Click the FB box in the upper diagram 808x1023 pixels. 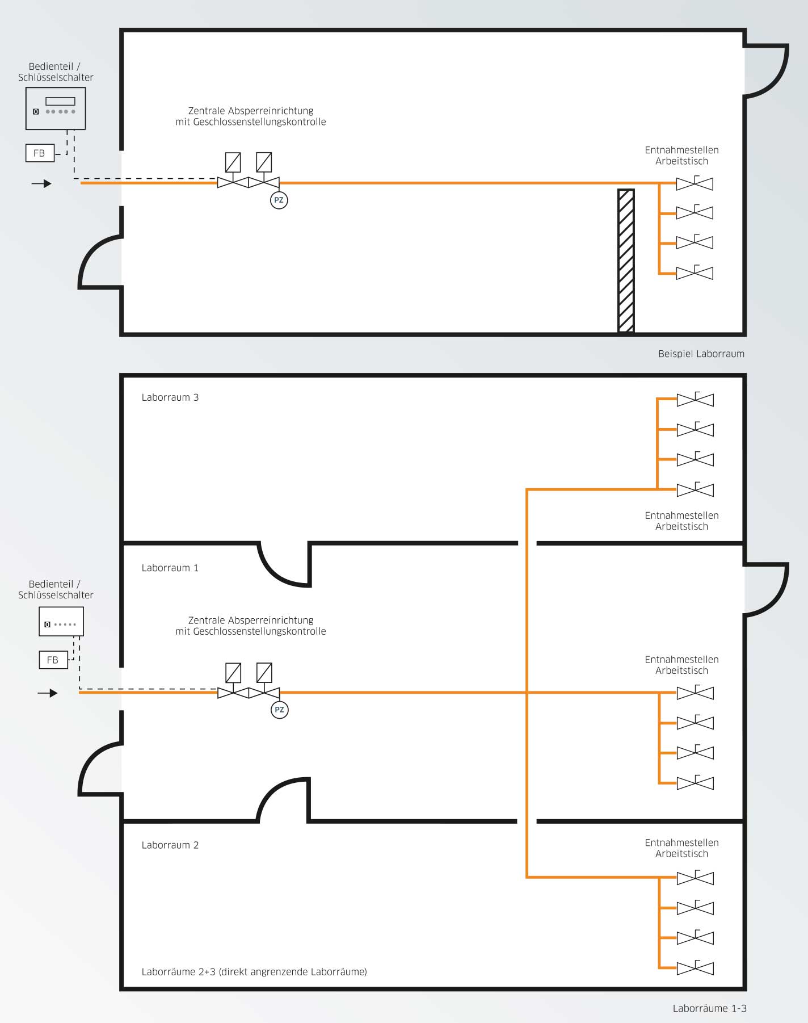pyautogui.click(x=40, y=153)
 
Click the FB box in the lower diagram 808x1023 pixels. pyautogui.click(x=53, y=660)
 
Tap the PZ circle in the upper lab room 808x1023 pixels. pyautogui.click(x=279, y=200)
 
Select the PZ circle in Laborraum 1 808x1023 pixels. pyautogui.click(x=279, y=710)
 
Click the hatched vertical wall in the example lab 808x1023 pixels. pyautogui.click(x=626, y=261)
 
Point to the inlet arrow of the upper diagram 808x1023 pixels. pyautogui.click(x=41, y=183)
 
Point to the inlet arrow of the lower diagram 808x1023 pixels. pyautogui.click(x=48, y=693)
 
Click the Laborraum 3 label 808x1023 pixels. pyautogui.click(x=170, y=397)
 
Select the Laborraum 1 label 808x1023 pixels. pyautogui.click(x=170, y=568)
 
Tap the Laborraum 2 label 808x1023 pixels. pyautogui.click(x=170, y=845)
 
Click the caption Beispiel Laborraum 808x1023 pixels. pyautogui.click(x=701, y=354)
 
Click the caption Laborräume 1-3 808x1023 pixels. pyautogui.click(x=710, y=1008)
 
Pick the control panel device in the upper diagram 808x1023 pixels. pyautogui.click(x=56, y=108)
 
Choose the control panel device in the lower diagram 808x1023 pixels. pyautogui.click(x=61, y=621)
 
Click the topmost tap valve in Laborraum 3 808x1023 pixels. pyautogui.click(x=695, y=399)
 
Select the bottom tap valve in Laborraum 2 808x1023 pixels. pyautogui.click(x=695, y=968)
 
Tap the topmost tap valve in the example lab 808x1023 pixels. pyautogui.click(x=695, y=183)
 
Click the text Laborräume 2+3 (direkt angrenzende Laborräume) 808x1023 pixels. pyautogui.click(x=254, y=972)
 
